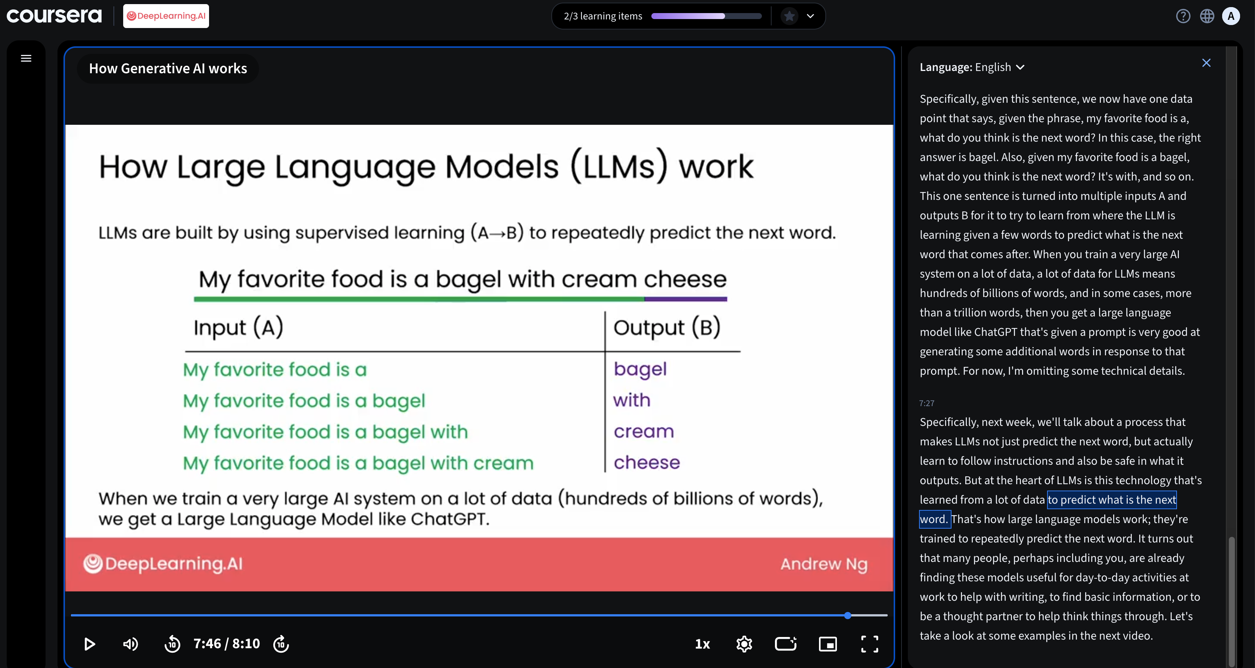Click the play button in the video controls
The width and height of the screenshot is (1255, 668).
click(x=89, y=644)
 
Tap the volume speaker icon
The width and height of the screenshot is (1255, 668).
click(x=130, y=644)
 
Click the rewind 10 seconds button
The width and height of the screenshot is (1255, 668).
click(x=172, y=644)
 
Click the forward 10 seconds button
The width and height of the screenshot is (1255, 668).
click(x=281, y=644)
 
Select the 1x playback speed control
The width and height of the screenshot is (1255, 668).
click(x=702, y=644)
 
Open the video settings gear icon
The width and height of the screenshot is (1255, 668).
click(x=744, y=644)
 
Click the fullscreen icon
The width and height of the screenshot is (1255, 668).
click(x=870, y=644)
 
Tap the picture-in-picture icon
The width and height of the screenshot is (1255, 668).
click(x=828, y=644)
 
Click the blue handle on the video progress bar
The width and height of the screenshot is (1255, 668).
click(x=848, y=615)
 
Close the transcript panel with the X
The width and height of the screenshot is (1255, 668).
click(x=1206, y=63)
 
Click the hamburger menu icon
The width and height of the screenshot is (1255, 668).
click(x=26, y=59)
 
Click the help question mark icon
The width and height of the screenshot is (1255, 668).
click(x=1183, y=16)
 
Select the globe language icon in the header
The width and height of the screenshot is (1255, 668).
click(x=1207, y=16)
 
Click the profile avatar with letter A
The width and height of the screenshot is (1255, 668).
click(x=1231, y=16)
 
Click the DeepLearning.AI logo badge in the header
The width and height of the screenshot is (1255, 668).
click(x=166, y=16)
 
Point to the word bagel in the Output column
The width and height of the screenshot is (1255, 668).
click(x=640, y=369)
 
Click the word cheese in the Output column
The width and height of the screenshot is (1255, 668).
click(x=647, y=462)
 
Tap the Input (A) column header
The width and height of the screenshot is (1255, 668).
click(x=238, y=327)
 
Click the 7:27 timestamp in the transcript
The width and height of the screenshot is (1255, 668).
click(x=927, y=403)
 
